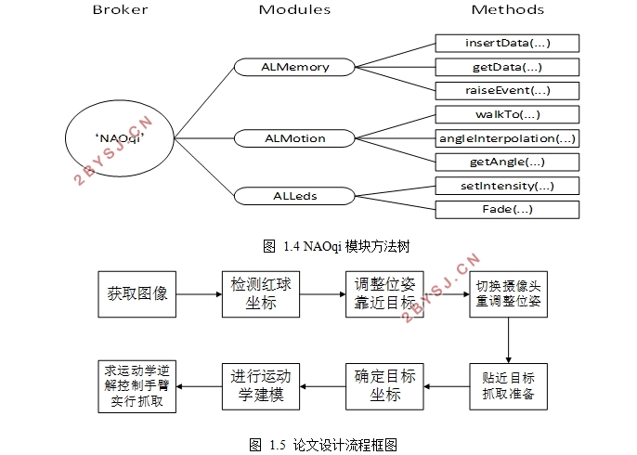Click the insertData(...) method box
click(x=507, y=43)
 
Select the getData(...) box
click(x=507, y=67)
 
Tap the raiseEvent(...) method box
click(x=507, y=91)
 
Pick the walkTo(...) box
click(x=507, y=114)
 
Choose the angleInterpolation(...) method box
click(x=507, y=138)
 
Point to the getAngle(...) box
click(x=507, y=162)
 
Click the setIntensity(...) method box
click(x=507, y=186)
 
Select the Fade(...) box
click(x=507, y=210)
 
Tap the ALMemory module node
click(x=295, y=67)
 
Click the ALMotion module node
click(x=295, y=138)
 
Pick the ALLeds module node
click(x=295, y=196)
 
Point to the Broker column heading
click(x=121, y=9)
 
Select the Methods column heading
click(x=507, y=9)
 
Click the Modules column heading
click(x=294, y=9)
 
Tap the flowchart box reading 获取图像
click(x=136, y=294)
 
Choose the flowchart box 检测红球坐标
click(x=261, y=294)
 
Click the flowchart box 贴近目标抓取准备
click(x=508, y=386)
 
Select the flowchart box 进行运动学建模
click(x=261, y=386)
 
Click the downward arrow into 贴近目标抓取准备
click(x=508, y=341)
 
